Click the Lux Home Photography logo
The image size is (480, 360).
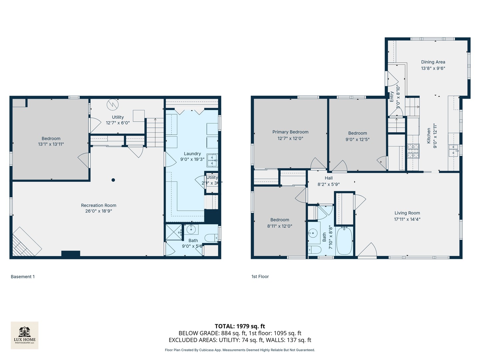coord(24,335)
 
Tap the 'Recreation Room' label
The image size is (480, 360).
coord(99,205)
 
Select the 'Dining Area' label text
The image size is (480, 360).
coord(433,62)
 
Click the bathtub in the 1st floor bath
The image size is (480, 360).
coord(344,241)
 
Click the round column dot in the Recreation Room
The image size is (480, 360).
coord(113,180)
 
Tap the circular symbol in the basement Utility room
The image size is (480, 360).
coord(113,105)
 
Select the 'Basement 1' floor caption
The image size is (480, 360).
coord(23,277)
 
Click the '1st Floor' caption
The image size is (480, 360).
coord(260,277)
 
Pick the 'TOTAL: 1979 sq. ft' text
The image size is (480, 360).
coord(240,326)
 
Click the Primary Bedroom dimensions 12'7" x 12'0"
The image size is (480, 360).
coord(290,138)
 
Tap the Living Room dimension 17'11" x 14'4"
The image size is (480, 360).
coord(407,219)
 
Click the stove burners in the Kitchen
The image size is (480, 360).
coord(413,151)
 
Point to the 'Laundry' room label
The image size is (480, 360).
coord(192,154)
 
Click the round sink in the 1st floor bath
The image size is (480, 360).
coord(313,233)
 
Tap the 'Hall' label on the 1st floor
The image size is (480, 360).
coord(329,178)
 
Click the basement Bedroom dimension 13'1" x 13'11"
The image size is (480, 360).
coord(51,144)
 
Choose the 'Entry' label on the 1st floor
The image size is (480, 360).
coord(392,97)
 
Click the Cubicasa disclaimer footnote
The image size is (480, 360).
coord(240,350)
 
